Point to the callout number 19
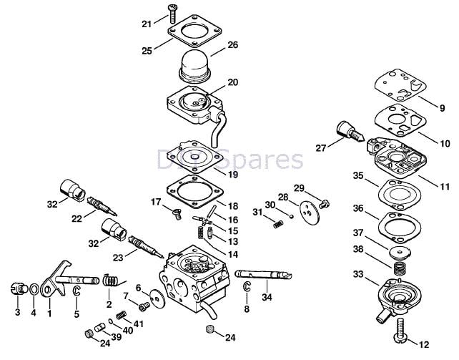[x=232, y=175]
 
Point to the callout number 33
[x=357, y=274]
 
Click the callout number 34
[x=265, y=298]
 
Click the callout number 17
[x=156, y=202]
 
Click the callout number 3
[x=17, y=313]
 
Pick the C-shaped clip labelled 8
[x=247, y=288]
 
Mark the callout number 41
[x=139, y=324]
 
